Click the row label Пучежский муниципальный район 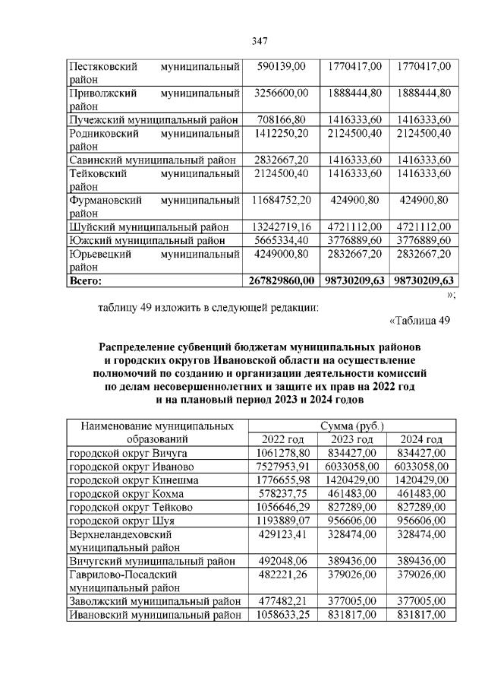[x=154, y=119]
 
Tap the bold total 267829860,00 [x=281, y=280]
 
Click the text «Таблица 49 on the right [x=420, y=320]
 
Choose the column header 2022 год [x=282, y=439]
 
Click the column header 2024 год [x=421, y=439]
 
